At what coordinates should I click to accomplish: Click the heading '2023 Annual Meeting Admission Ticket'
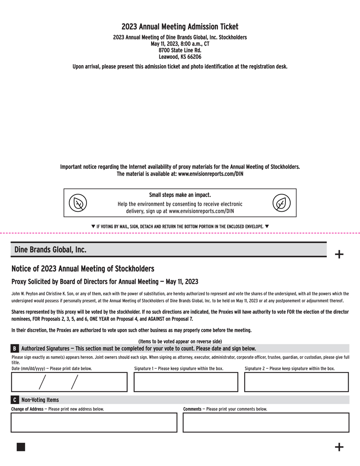click(180, 27)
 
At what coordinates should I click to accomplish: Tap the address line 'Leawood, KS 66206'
click(180, 57)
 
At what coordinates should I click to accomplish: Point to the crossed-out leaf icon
click(78, 203)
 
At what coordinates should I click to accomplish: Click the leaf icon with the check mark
click(281, 203)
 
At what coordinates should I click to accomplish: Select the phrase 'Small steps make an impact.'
click(180, 195)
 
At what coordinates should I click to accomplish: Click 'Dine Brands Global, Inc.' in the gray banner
click(50, 249)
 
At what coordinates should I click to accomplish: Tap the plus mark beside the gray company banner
click(339, 254)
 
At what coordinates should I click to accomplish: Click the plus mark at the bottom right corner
click(339, 447)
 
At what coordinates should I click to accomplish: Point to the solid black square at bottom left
click(21, 447)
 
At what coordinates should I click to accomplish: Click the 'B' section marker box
click(15, 348)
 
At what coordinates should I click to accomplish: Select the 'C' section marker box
click(15, 400)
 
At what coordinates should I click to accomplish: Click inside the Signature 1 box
click(186, 382)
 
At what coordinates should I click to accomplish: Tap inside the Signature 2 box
click(296, 382)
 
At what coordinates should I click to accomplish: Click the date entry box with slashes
click(69, 382)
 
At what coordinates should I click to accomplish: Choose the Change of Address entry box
click(94, 423)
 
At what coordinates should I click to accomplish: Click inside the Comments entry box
click(266, 423)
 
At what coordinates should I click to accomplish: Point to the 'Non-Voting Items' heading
click(40, 400)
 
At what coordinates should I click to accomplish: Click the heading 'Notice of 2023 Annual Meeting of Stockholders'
click(83, 268)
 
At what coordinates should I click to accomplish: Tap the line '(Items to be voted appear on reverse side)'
click(180, 341)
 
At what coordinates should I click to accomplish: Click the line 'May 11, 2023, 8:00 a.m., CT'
click(180, 44)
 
